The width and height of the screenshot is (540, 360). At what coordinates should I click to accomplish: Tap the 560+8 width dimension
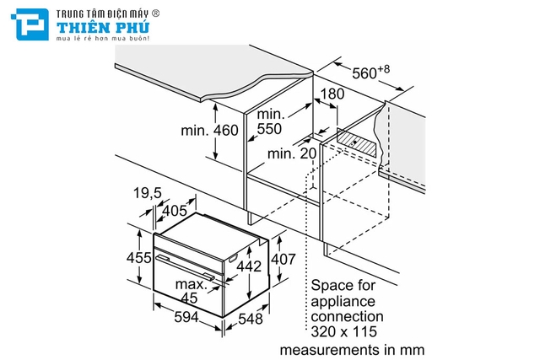tap(372, 72)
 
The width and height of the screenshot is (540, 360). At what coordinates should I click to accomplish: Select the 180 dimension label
tap(333, 94)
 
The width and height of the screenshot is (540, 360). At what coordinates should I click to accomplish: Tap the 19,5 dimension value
tap(148, 193)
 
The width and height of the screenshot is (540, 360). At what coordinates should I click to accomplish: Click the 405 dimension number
tap(174, 210)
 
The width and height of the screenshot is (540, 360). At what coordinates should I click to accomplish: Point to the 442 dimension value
tap(247, 266)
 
